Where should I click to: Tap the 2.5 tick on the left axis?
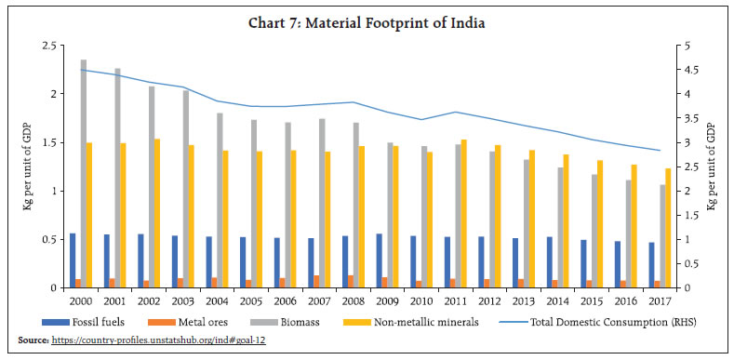pyautogui.click(x=54, y=46)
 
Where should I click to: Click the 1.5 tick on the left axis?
pyautogui.click(x=54, y=142)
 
